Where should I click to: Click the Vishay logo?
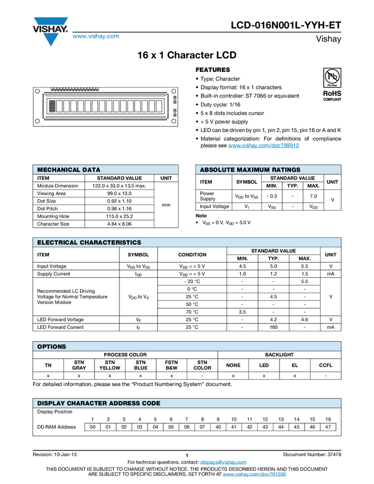pyautogui.click(x=50, y=31)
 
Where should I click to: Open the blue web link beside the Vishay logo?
pyautogui.click(x=96, y=37)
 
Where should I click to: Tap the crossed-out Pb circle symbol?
pyautogui.click(x=332, y=76)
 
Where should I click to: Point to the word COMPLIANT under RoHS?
pyautogui.click(x=332, y=99)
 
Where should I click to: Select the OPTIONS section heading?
pyautogui.click(x=52, y=347)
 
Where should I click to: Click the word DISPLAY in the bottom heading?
pyautogui.click(x=51, y=403)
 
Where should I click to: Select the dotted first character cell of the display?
pyautogui.click(x=52, y=106)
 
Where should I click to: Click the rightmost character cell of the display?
pyautogui.click(x=159, y=106)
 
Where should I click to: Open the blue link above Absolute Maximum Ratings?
pyautogui.click(x=264, y=146)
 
